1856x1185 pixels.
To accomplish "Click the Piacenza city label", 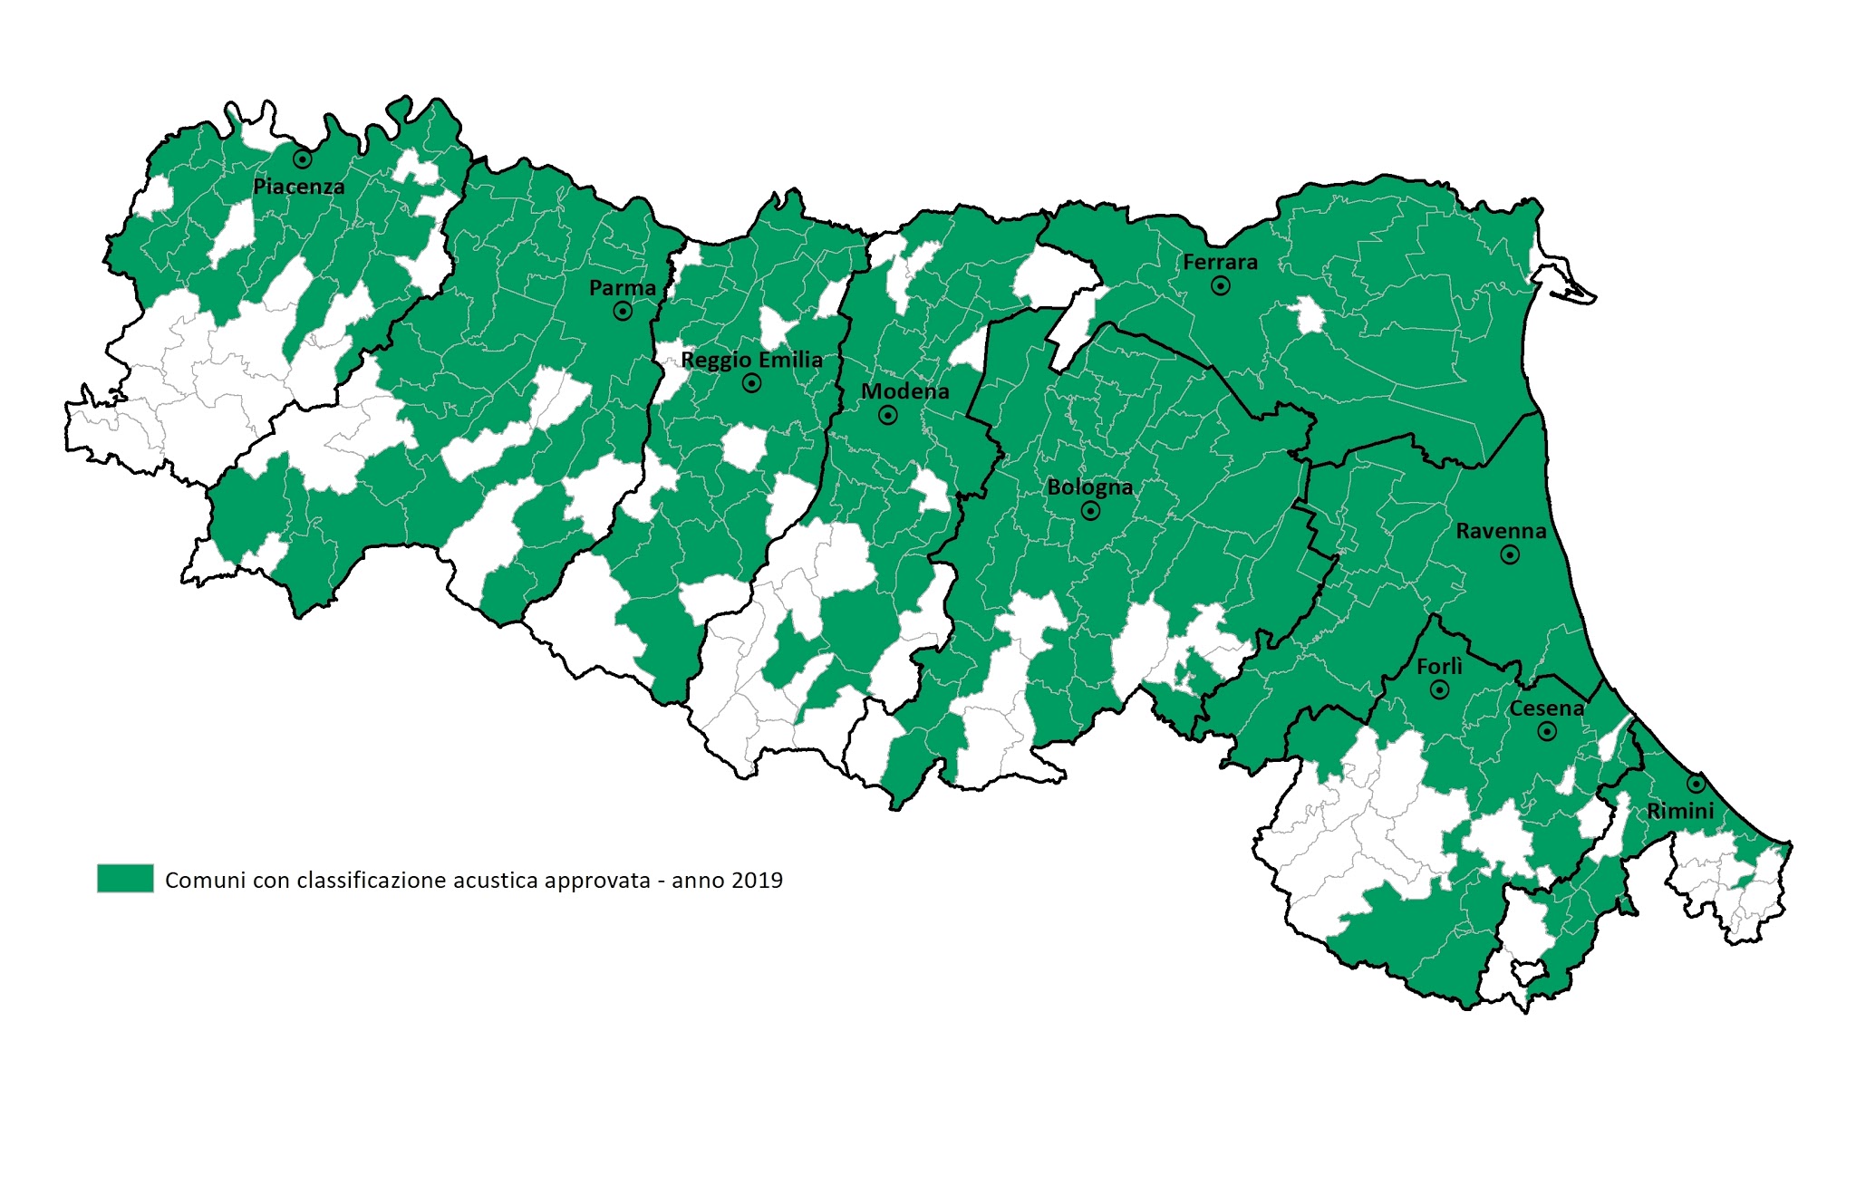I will click(298, 187).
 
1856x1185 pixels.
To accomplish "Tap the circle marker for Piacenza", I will click(303, 159).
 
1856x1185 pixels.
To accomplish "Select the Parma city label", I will click(622, 288).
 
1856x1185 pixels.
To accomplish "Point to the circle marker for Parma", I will click(623, 312).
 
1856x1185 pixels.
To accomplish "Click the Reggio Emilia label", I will click(751, 360).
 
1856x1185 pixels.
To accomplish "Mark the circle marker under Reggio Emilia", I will click(751, 383).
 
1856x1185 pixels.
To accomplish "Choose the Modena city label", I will click(904, 391).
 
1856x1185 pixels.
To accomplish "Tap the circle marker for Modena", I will click(888, 415).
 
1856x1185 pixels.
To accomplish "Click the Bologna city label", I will click(1089, 487).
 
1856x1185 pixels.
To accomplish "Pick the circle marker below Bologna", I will click(1091, 511).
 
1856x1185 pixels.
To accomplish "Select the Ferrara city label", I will click(1220, 263).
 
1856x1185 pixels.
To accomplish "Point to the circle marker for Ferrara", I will click(1221, 286).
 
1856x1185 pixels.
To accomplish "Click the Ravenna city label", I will click(1501, 531).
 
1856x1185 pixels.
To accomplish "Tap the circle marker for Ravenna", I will click(1510, 554).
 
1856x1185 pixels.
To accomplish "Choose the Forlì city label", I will click(1439, 667).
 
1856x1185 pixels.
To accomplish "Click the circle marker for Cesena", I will click(1547, 731).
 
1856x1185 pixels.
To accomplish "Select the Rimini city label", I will click(1680, 811).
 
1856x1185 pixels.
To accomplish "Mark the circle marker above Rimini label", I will click(1696, 784).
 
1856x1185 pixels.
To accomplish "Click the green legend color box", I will click(125, 879).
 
